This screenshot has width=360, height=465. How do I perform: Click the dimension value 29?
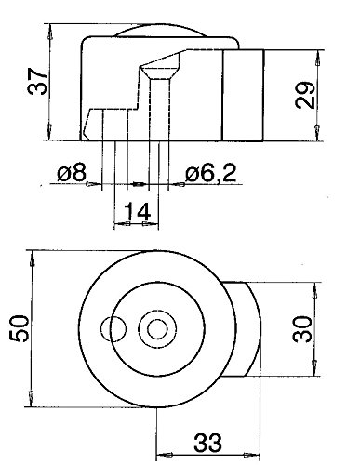click(309, 94)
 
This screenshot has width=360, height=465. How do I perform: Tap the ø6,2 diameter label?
click(207, 173)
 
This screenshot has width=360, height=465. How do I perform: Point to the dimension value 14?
click(136, 213)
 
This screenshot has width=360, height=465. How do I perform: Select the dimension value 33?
click(207, 438)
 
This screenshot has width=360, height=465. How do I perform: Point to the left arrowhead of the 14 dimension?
click(116, 226)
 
